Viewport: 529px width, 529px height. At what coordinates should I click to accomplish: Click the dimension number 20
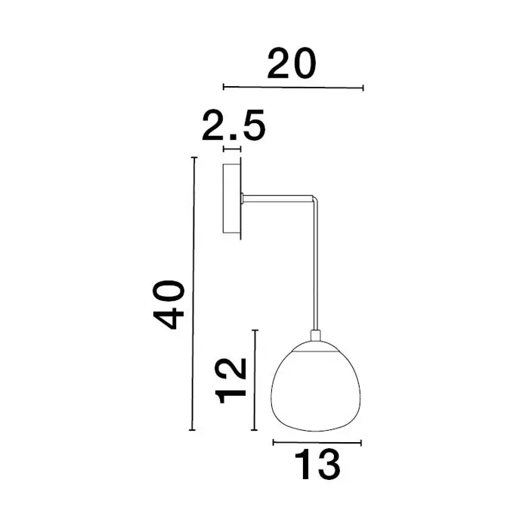(292, 63)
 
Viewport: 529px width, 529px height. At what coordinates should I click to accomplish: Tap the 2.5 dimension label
(234, 125)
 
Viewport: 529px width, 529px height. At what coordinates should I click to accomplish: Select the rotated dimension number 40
(169, 305)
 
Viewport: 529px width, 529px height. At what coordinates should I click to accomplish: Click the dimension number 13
(317, 464)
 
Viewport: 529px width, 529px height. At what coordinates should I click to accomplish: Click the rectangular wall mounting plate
(232, 198)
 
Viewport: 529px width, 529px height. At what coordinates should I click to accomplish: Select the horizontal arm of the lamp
(278, 199)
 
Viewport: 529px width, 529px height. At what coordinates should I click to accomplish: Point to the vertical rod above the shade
(316, 267)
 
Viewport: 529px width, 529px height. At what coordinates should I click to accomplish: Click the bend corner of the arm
(315, 199)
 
